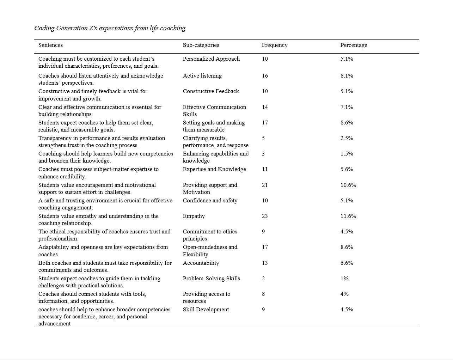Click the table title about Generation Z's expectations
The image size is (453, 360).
[110, 28]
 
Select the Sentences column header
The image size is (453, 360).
[50, 45]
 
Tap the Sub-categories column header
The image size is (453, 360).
[201, 45]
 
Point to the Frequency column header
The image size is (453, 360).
[274, 45]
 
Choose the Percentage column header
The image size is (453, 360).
[354, 45]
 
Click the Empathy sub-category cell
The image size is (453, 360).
[194, 216]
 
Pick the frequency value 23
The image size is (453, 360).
[265, 216]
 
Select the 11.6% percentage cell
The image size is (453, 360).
[348, 216]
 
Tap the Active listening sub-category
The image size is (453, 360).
[202, 76]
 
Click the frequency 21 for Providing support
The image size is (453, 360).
[265, 185]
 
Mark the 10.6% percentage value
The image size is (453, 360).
[348, 185]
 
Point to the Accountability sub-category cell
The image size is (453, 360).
[201, 263]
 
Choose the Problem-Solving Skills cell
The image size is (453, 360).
[211, 279]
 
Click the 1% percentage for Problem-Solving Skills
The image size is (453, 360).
[344, 279]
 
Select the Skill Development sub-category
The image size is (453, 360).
[206, 310]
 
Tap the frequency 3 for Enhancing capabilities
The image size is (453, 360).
[263, 154]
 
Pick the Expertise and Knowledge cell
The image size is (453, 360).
[214, 169]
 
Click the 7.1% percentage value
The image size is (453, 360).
[347, 107]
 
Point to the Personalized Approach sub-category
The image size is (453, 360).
[211, 59]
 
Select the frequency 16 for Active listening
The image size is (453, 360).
[265, 76]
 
